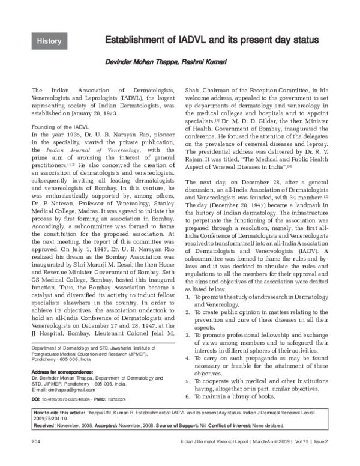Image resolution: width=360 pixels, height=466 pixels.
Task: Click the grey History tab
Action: click(49, 41)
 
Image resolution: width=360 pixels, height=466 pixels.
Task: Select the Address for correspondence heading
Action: click(58, 372)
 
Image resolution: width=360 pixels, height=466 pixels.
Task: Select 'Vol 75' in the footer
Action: click(301, 458)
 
